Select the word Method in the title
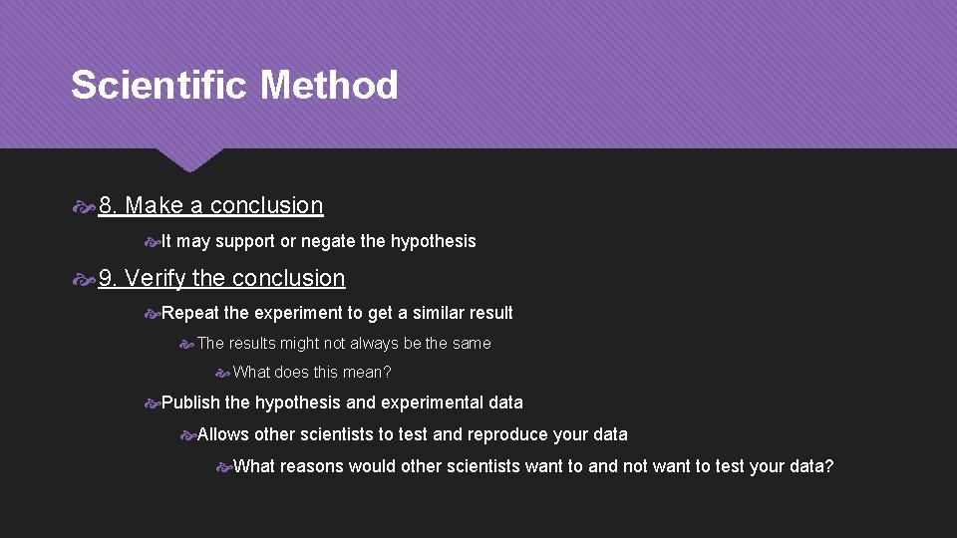click(329, 86)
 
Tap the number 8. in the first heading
click(109, 206)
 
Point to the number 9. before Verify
click(109, 279)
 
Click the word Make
click(155, 206)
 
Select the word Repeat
click(189, 314)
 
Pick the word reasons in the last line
click(312, 466)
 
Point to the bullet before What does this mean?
click(223, 374)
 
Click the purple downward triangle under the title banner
click(188, 159)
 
